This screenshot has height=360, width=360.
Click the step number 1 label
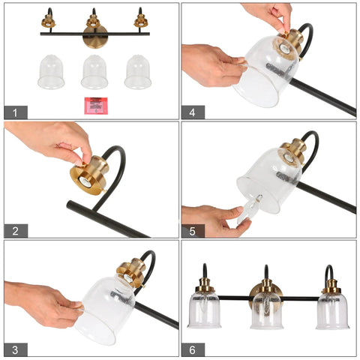[16, 112]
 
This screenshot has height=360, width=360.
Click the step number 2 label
[16, 231]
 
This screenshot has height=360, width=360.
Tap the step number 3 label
[16, 349]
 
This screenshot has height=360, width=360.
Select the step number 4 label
[193, 112]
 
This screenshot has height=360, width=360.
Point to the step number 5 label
[193, 231]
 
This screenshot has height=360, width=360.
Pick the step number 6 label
[193, 349]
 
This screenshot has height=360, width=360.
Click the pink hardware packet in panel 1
[96, 106]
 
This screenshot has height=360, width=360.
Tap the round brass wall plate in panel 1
[95, 37]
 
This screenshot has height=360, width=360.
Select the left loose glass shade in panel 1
[51, 72]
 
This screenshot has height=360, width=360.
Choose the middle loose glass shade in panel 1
[94, 72]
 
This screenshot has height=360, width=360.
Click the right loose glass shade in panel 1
[138, 72]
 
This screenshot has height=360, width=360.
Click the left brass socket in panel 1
[48, 21]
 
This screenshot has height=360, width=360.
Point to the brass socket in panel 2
[90, 175]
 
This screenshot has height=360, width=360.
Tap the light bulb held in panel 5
[249, 209]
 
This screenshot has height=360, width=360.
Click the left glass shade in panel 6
[204, 310]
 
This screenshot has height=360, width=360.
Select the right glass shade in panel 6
[332, 311]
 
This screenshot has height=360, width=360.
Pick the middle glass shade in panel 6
[267, 311]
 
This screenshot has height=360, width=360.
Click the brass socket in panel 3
[131, 272]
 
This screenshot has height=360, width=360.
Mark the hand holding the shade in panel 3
[43, 304]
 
